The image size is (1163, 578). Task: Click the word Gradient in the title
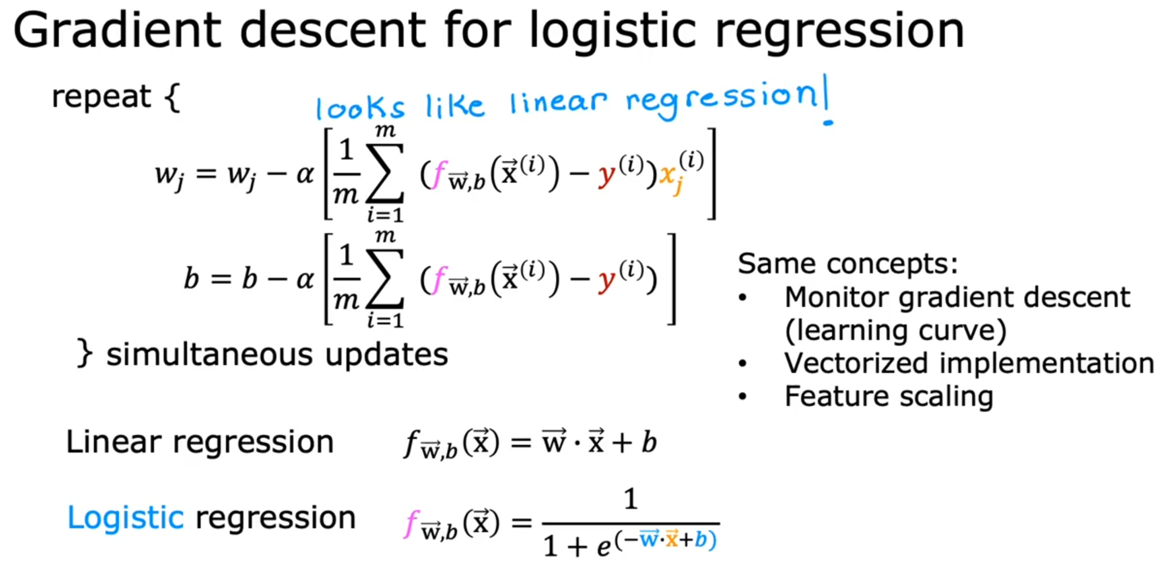pyautogui.click(x=118, y=30)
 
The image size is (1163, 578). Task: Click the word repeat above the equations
pyautogui.click(x=101, y=97)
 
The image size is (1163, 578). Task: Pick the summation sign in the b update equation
pyautogui.click(x=385, y=278)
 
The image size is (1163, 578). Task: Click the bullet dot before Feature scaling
pyautogui.click(x=743, y=397)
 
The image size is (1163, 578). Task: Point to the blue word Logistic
pyautogui.click(x=125, y=518)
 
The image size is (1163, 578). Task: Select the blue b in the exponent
pyautogui.click(x=701, y=539)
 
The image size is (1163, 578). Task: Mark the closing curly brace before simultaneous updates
pyautogui.click(x=85, y=353)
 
